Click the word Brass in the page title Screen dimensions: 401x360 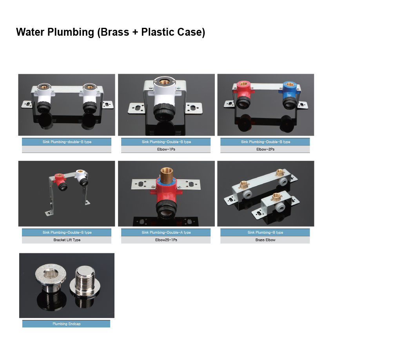tap(114, 32)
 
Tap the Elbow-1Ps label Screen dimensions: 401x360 tap(166, 149)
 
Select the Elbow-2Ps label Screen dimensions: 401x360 tap(265, 149)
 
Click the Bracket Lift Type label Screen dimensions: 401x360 tap(67, 240)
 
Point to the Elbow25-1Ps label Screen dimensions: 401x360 tap(166, 240)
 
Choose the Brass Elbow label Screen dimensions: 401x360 tap(265, 240)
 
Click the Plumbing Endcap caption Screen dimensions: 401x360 tap(67, 324)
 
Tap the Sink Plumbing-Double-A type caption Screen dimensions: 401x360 tap(166, 232)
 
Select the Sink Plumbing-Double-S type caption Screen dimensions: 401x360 tap(67, 232)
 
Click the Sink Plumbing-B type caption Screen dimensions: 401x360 tap(265, 232)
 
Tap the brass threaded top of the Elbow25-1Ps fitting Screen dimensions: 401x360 tap(167, 175)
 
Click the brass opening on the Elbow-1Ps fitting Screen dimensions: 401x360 tap(164, 82)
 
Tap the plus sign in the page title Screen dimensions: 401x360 tap(135, 32)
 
